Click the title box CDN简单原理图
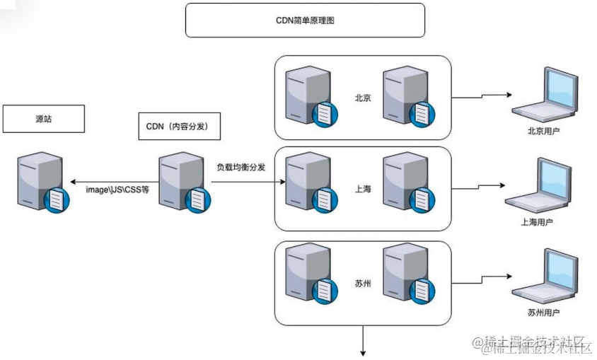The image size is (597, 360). click(305, 20)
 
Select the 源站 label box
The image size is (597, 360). click(44, 119)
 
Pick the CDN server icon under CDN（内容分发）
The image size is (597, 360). click(180, 182)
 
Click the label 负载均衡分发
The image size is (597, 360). click(241, 167)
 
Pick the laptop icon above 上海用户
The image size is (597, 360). click(541, 185)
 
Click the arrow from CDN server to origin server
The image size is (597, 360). click(113, 181)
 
